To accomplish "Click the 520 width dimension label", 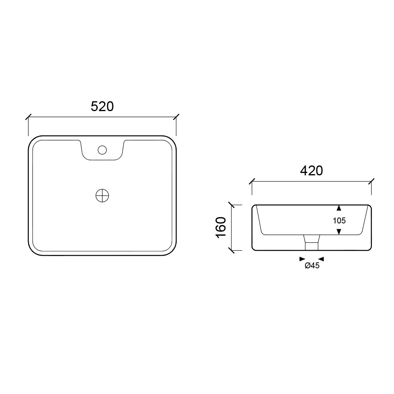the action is [102, 106].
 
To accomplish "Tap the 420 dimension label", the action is [311, 171].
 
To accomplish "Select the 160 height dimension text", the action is [221, 227].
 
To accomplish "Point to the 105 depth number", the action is [339, 221].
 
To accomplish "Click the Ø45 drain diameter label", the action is [312, 265].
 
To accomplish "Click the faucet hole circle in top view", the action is [102, 150].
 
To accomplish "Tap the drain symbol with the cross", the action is [102, 196].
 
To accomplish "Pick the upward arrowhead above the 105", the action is [339, 208].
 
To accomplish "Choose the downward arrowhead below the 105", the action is [339, 232].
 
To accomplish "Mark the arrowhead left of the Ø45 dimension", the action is [302, 259].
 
